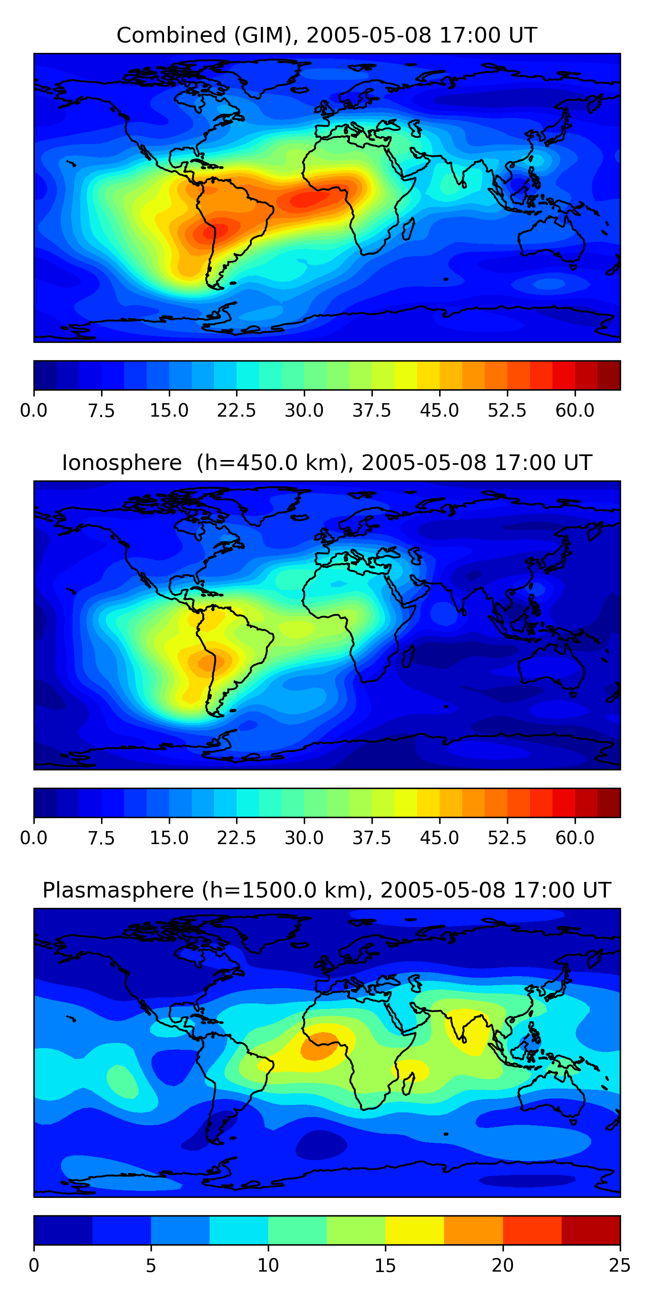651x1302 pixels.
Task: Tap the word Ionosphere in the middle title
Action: pyautogui.click(x=122, y=463)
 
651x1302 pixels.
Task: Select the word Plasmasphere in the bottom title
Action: pyautogui.click(x=118, y=890)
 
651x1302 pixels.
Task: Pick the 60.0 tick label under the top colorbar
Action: pyautogui.click(x=575, y=411)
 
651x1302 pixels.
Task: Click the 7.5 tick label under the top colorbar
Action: pyautogui.click(x=101, y=411)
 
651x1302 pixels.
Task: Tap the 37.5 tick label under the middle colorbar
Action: pyautogui.click(x=372, y=838)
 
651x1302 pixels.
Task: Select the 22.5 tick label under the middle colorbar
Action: pyautogui.click(x=237, y=838)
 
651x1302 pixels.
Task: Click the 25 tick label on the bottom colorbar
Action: pyautogui.click(x=620, y=1265)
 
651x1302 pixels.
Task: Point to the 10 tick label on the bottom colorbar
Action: pyautogui.click(x=268, y=1265)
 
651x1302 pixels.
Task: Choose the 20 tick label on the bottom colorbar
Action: pyautogui.click(x=503, y=1265)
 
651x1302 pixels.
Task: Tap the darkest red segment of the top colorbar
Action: pyautogui.click(x=608, y=375)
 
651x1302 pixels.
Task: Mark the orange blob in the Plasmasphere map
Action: pyautogui.click(x=319, y=1046)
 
